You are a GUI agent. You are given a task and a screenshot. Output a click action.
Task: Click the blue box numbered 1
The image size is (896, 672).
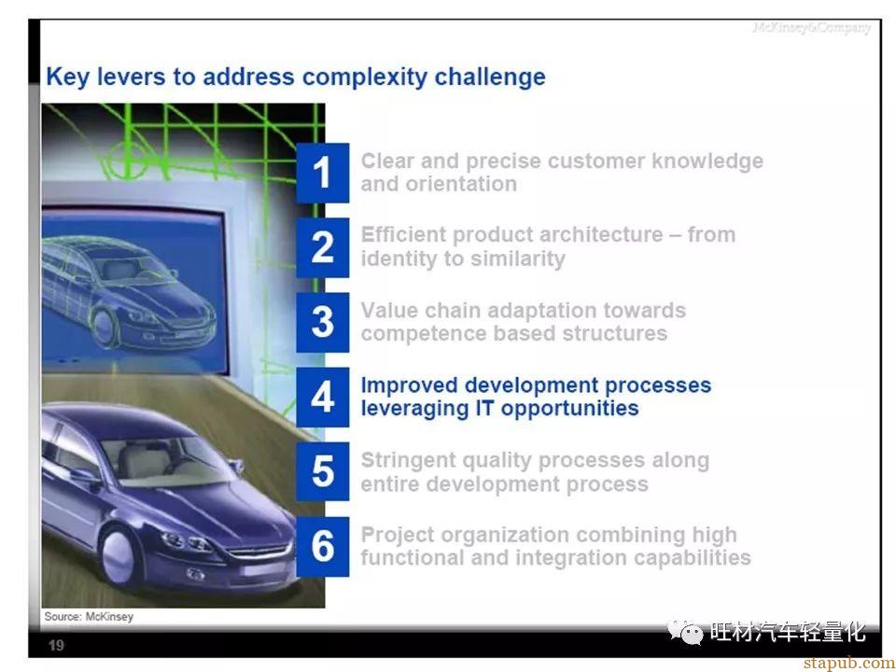tap(322, 173)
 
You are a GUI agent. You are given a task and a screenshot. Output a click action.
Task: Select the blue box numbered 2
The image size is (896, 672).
tap(322, 247)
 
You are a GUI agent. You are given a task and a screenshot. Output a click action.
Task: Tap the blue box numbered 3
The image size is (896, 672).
tap(322, 322)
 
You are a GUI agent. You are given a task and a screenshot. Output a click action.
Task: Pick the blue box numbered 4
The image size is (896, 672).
tap(322, 398)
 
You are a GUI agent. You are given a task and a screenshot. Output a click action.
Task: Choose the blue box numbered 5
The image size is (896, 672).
tap(322, 472)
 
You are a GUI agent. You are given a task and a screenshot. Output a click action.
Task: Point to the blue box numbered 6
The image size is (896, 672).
tap(322, 547)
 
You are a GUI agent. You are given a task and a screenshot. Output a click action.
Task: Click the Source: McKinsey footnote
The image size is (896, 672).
tap(90, 617)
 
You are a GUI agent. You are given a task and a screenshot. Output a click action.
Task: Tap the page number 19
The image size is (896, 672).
tap(56, 646)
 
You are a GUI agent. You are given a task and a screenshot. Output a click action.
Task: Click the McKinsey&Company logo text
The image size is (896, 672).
tap(811, 27)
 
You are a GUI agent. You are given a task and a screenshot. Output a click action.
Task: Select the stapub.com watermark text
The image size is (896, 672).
tap(848, 663)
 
